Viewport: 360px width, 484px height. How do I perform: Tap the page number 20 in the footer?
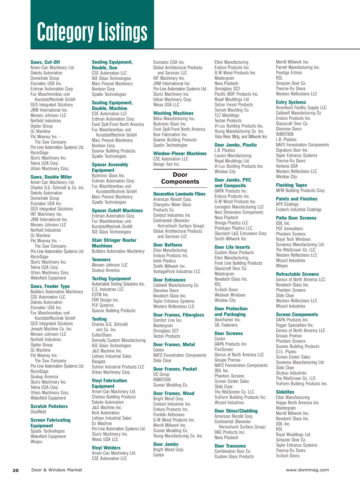point(16,470)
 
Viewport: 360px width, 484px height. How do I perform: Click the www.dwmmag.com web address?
point(307,470)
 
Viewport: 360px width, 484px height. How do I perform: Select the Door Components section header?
point(180,178)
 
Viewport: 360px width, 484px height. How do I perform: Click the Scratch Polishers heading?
point(49,406)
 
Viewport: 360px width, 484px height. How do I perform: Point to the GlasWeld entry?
point(38,412)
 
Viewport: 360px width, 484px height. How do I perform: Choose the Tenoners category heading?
point(101,260)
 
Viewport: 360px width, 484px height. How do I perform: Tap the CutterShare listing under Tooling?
point(102,335)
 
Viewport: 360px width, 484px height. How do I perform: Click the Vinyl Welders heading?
point(106,448)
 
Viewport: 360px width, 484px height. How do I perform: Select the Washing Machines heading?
point(173,113)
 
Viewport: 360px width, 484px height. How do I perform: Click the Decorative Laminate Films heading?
point(179,194)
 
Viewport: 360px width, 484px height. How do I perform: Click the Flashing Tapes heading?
point(291,185)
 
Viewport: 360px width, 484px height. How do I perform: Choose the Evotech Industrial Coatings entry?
point(298,209)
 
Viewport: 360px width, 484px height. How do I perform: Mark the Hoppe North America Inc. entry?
point(298,403)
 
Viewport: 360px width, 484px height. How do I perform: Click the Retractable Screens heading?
point(297,274)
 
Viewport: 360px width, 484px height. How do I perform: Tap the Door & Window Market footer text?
point(57,470)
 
